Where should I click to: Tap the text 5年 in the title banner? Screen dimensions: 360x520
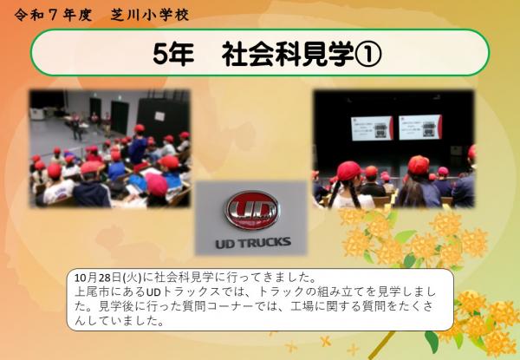coord(172,54)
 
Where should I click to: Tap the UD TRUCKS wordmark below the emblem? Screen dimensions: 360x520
coord(252,241)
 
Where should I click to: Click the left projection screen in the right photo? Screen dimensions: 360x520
coord(371,127)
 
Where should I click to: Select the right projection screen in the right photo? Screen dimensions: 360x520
coord(420,127)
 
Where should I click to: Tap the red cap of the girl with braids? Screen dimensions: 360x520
coord(348,170)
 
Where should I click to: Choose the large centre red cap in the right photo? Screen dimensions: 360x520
coord(419,164)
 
